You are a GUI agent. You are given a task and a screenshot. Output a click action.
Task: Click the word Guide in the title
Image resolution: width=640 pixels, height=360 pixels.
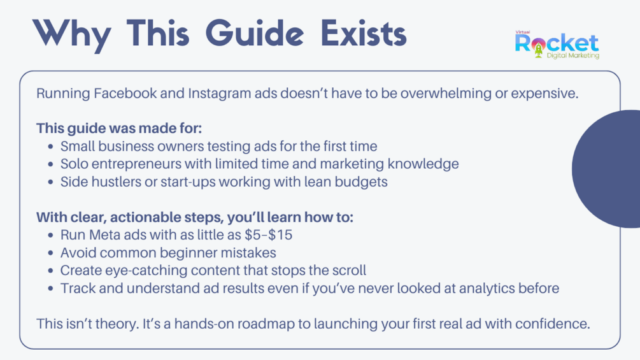click(x=255, y=33)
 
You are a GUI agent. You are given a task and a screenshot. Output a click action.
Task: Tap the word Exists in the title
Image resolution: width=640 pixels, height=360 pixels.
click(x=364, y=33)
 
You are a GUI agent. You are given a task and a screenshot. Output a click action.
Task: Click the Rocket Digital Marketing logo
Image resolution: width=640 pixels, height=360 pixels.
click(x=557, y=45)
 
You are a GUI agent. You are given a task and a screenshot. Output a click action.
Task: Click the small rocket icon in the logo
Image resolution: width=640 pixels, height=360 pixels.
click(x=538, y=50)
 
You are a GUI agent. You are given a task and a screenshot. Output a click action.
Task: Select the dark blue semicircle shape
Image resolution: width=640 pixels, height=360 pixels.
click(x=606, y=169)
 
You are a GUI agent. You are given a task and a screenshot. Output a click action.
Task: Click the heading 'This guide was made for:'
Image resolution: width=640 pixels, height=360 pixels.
click(x=119, y=129)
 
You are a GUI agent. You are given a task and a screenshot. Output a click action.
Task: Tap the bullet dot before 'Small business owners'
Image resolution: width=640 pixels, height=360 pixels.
click(x=50, y=147)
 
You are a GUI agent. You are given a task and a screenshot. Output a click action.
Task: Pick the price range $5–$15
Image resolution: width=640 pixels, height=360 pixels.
click(x=269, y=235)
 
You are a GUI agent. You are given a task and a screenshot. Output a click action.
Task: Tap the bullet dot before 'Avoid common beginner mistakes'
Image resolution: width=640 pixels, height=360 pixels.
click(x=50, y=253)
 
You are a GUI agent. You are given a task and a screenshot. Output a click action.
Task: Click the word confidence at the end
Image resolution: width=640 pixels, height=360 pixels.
click(x=553, y=324)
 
